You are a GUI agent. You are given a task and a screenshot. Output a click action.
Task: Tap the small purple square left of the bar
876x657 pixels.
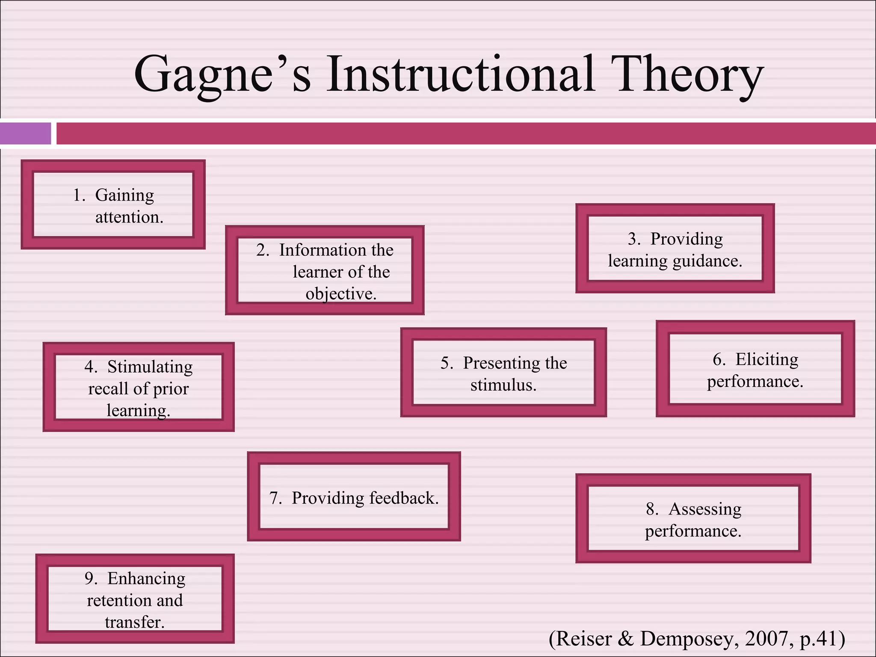pyautogui.click(x=25, y=133)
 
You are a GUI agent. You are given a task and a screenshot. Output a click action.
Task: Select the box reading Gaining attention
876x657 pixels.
pyautogui.click(x=113, y=205)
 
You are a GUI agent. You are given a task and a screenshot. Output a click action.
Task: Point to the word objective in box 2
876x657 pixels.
pyautogui.click(x=340, y=294)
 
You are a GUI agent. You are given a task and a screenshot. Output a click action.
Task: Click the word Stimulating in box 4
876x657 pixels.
pyautogui.click(x=150, y=367)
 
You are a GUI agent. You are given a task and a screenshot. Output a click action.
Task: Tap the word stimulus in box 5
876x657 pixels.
pyautogui.click(x=503, y=385)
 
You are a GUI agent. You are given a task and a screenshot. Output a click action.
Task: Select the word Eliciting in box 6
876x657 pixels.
pyautogui.click(x=766, y=360)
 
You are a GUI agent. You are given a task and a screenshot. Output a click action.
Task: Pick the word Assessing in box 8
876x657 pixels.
pyautogui.click(x=704, y=509)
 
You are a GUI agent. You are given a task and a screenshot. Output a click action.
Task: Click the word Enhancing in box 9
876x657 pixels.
pyautogui.click(x=146, y=579)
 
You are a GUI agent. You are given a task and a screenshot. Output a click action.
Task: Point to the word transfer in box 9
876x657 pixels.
pyautogui.click(x=134, y=622)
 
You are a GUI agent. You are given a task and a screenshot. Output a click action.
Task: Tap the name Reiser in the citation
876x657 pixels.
pyautogui.click(x=584, y=639)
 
